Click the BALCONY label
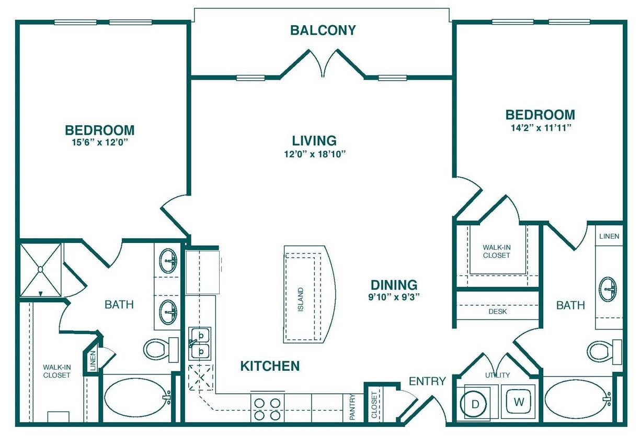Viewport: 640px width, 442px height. click(323, 30)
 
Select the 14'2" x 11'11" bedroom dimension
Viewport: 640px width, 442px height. click(540, 127)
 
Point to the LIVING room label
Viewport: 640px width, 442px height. click(314, 140)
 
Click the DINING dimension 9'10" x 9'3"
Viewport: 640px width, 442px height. click(394, 296)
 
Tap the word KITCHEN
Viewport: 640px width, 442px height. click(270, 366)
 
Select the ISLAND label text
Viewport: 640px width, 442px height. click(301, 300)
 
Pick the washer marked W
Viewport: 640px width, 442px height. click(518, 402)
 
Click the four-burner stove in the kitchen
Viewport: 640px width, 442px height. click(267, 408)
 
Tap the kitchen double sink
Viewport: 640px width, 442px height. click(199, 343)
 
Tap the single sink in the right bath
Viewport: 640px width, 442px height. click(608, 289)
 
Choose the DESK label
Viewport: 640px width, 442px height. click(497, 312)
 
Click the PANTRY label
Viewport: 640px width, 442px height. click(352, 407)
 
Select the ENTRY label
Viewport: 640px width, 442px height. click(427, 381)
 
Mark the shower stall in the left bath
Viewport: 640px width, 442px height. click(41, 269)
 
